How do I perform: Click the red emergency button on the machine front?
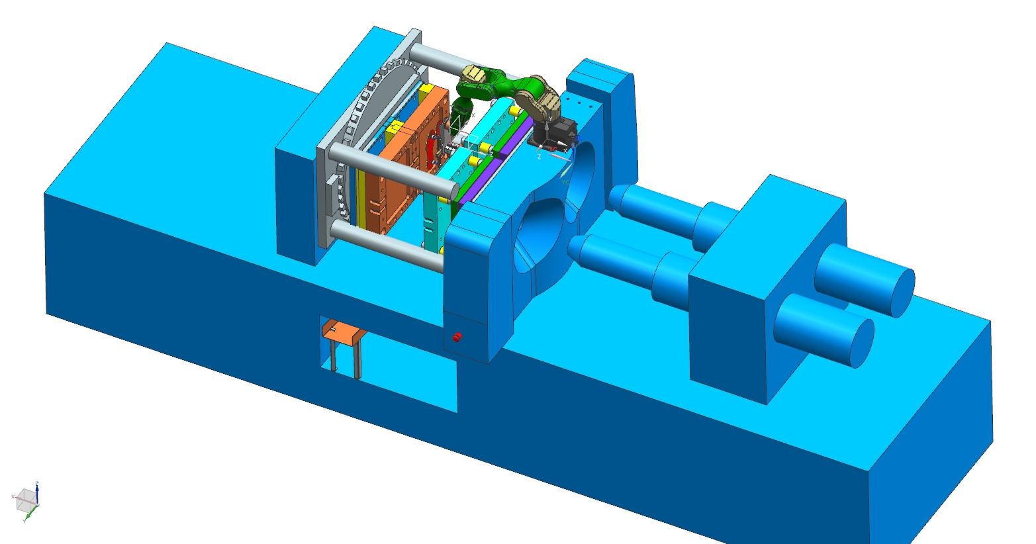click(456, 338)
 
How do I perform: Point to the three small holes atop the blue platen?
click(580, 103)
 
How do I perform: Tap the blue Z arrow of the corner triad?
click(38, 490)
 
